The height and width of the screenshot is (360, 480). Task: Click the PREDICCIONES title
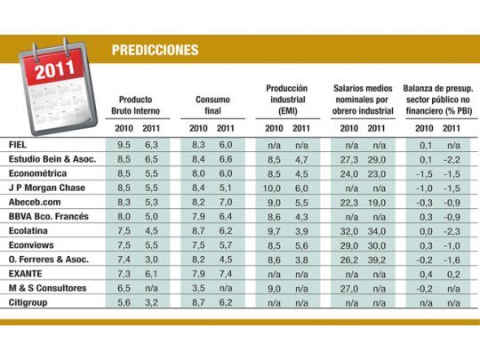[x=155, y=50]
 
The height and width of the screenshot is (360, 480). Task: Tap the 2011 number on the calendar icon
[x=54, y=71]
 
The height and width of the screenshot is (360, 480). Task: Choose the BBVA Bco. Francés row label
[x=44, y=217]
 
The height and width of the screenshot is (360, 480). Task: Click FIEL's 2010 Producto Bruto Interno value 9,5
[x=124, y=144]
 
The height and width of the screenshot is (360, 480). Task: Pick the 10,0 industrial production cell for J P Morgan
[x=275, y=188]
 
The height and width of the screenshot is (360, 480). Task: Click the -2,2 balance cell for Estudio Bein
[x=452, y=159]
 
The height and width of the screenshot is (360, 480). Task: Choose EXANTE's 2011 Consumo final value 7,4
[x=227, y=274]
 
